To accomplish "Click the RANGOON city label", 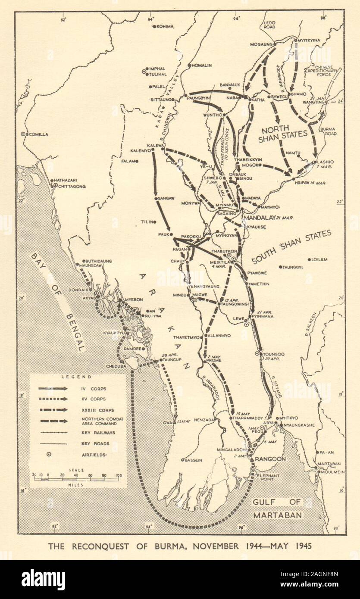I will [269, 459].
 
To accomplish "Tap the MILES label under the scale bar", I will [76, 484].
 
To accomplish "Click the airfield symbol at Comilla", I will [24, 134].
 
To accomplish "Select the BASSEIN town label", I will [193, 460].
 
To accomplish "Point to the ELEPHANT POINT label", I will [270, 477].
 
